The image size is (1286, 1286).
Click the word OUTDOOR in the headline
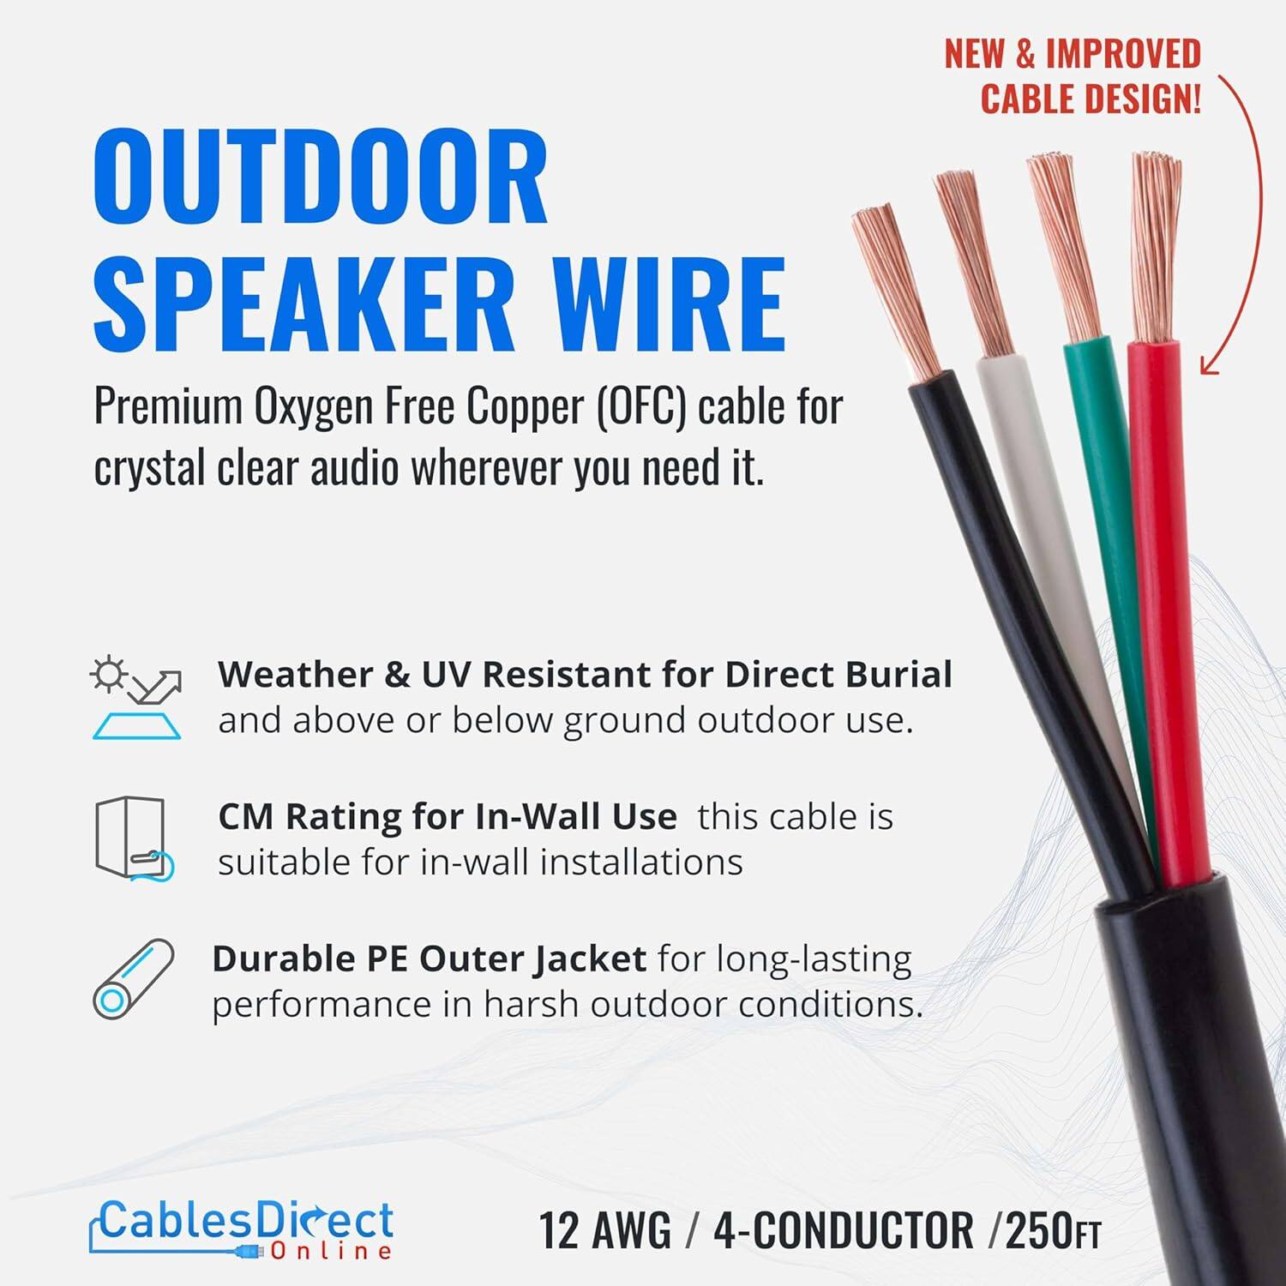point(320,177)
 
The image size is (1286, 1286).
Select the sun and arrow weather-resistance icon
point(135,697)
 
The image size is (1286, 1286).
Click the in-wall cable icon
point(134,838)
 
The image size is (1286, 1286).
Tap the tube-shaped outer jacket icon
point(133,979)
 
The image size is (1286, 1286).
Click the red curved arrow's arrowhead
point(1209,364)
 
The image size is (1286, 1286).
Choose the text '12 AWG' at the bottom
point(604,1231)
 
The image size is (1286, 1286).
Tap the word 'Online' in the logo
point(331,1252)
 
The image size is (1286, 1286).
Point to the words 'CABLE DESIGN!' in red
point(1090,99)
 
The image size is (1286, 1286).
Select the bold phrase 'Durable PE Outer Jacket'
point(429,959)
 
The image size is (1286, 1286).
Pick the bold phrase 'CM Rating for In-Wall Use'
point(447,817)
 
